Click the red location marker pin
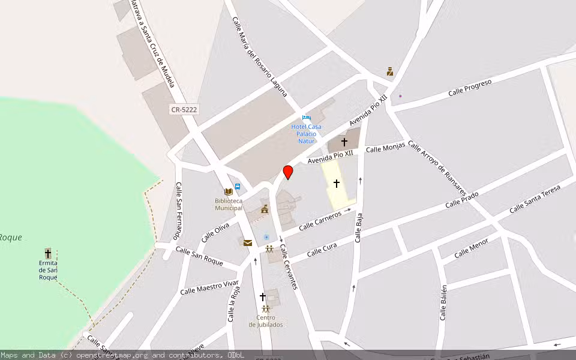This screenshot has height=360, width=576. [x=288, y=172]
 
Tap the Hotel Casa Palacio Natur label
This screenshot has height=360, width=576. [x=306, y=133]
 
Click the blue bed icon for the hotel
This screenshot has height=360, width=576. [x=307, y=118]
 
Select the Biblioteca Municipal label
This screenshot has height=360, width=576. [x=229, y=204]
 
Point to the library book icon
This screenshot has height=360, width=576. [x=228, y=191]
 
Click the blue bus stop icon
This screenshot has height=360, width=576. [x=238, y=187]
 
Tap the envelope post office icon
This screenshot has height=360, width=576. [x=248, y=242]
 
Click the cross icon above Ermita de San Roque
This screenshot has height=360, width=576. [x=48, y=253]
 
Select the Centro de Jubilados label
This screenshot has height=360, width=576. [x=266, y=321]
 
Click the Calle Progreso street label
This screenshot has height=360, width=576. [x=470, y=87]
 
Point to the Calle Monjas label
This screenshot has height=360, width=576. [x=386, y=148]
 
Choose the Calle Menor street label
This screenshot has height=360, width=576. [x=471, y=248]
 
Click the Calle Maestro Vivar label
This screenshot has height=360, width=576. [x=209, y=287]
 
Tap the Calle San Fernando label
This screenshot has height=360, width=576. [x=178, y=210]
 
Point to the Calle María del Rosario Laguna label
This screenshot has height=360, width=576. [x=260, y=57]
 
